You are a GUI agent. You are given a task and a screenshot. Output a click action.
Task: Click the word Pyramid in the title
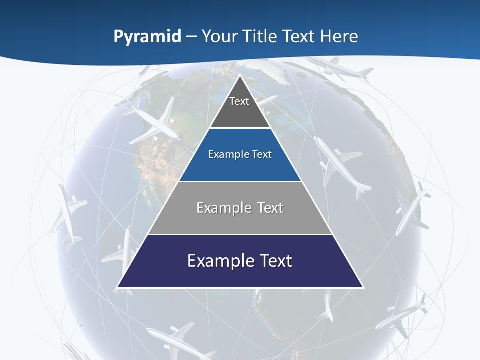click(147, 36)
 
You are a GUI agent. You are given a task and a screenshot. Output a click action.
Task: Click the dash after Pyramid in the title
click(191, 37)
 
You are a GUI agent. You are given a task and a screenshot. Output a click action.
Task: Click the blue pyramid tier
click(240, 167)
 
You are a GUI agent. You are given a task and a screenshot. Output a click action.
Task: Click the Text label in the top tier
click(239, 101)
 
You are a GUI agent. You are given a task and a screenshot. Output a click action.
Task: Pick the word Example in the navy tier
click(215, 261)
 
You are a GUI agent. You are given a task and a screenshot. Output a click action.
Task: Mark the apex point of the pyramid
click(240, 76)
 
